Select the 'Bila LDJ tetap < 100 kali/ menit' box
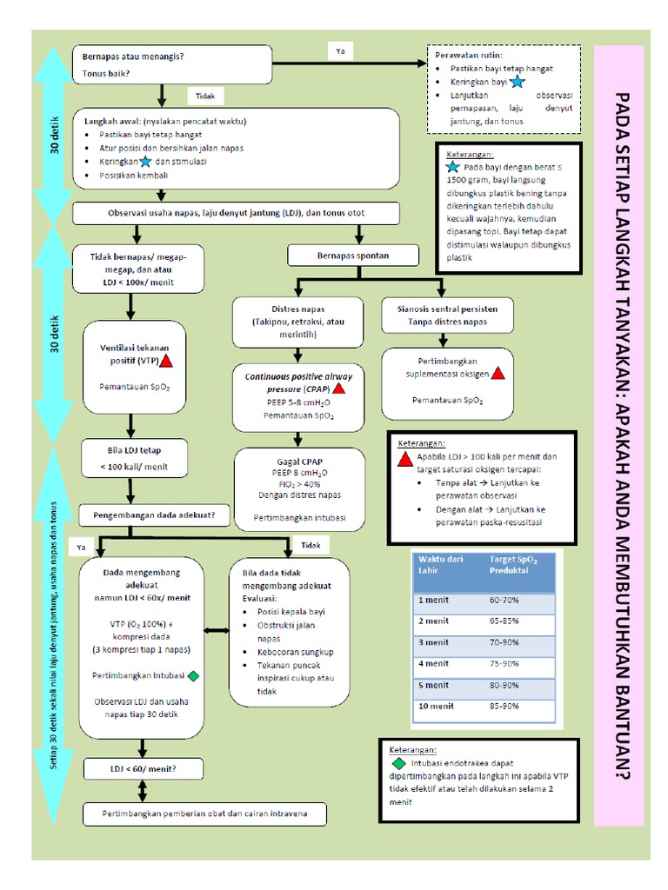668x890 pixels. [134, 458]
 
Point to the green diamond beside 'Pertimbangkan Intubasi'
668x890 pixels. [193, 675]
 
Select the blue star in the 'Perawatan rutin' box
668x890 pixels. [518, 82]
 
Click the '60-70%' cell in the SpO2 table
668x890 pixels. [504, 600]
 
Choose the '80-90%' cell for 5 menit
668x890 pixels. [504, 685]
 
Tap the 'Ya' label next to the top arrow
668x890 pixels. [340, 52]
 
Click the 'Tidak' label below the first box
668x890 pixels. [206, 96]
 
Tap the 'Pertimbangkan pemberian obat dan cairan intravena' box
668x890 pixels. [204, 814]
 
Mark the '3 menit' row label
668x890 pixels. [434, 642]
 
